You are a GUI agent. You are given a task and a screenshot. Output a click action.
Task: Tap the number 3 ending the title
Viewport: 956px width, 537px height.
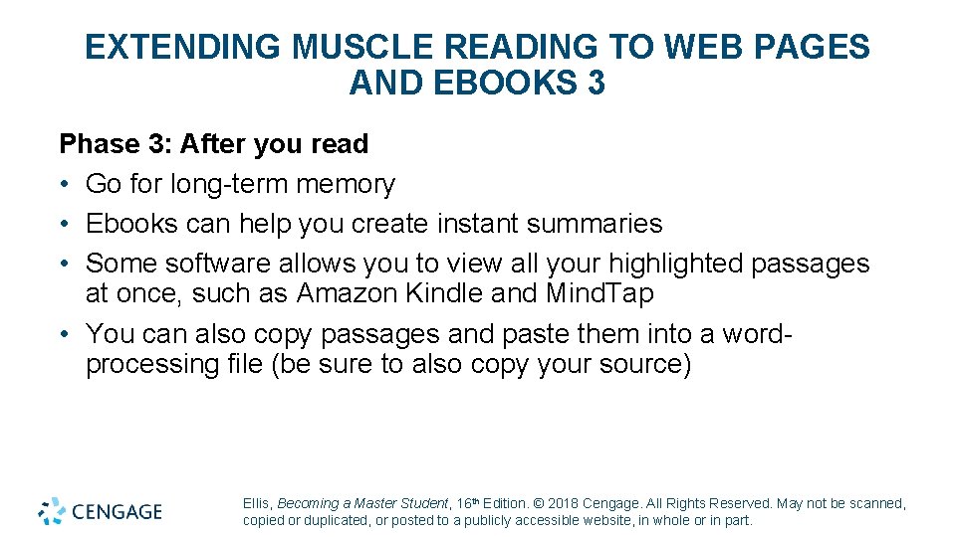pyautogui.click(x=596, y=84)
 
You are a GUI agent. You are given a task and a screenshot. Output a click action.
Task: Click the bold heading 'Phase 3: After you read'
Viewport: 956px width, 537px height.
pyautogui.click(x=214, y=144)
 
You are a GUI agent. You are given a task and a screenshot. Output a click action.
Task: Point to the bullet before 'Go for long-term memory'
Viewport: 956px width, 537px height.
pyautogui.click(x=65, y=185)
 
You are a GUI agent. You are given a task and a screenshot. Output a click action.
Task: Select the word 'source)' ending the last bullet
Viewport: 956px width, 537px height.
pyautogui.click(x=641, y=364)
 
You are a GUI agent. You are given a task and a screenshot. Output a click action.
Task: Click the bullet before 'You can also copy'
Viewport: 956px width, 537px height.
pyautogui.click(x=65, y=333)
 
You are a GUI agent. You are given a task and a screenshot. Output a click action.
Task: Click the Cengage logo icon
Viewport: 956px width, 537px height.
pyautogui.click(x=52, y=511)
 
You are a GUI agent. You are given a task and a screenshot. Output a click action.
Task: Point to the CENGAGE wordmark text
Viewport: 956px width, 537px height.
pyautogui.click(x=117, y=512)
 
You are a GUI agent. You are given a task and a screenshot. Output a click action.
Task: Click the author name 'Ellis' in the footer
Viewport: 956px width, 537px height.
pyautogui.click(x=256, y=504)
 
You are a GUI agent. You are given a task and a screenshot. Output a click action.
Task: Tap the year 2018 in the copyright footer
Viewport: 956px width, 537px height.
pyautogui.click(x=563, y=504)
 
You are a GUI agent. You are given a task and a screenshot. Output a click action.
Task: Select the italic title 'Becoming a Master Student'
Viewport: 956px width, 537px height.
pyautogui.click(x=362, y=504)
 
